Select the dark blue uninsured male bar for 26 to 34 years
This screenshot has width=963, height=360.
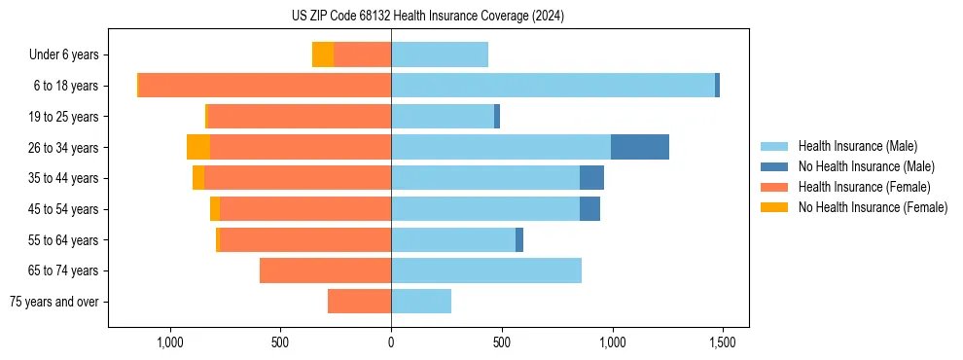coord(640,147)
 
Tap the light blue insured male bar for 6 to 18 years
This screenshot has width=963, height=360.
coord(553,86)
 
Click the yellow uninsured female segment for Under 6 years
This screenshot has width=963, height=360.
coord(323,54)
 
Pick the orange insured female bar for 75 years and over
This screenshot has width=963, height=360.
coord(359,302)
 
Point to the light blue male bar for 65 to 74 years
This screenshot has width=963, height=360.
coord(486,270)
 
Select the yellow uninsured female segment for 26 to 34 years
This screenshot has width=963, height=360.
coord(198,147)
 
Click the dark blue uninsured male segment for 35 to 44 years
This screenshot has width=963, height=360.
coord(591,178)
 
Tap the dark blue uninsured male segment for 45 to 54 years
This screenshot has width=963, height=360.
coord(589,209)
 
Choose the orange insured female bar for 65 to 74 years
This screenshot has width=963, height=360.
coord(325,270)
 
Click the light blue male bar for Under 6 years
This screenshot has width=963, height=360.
coord(440,54)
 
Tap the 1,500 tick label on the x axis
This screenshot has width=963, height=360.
coord(722,342)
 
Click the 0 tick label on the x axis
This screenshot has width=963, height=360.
coord(391,342)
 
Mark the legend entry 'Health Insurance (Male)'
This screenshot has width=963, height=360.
coord(857,146)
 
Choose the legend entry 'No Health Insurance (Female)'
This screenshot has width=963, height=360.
coord(873,207)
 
